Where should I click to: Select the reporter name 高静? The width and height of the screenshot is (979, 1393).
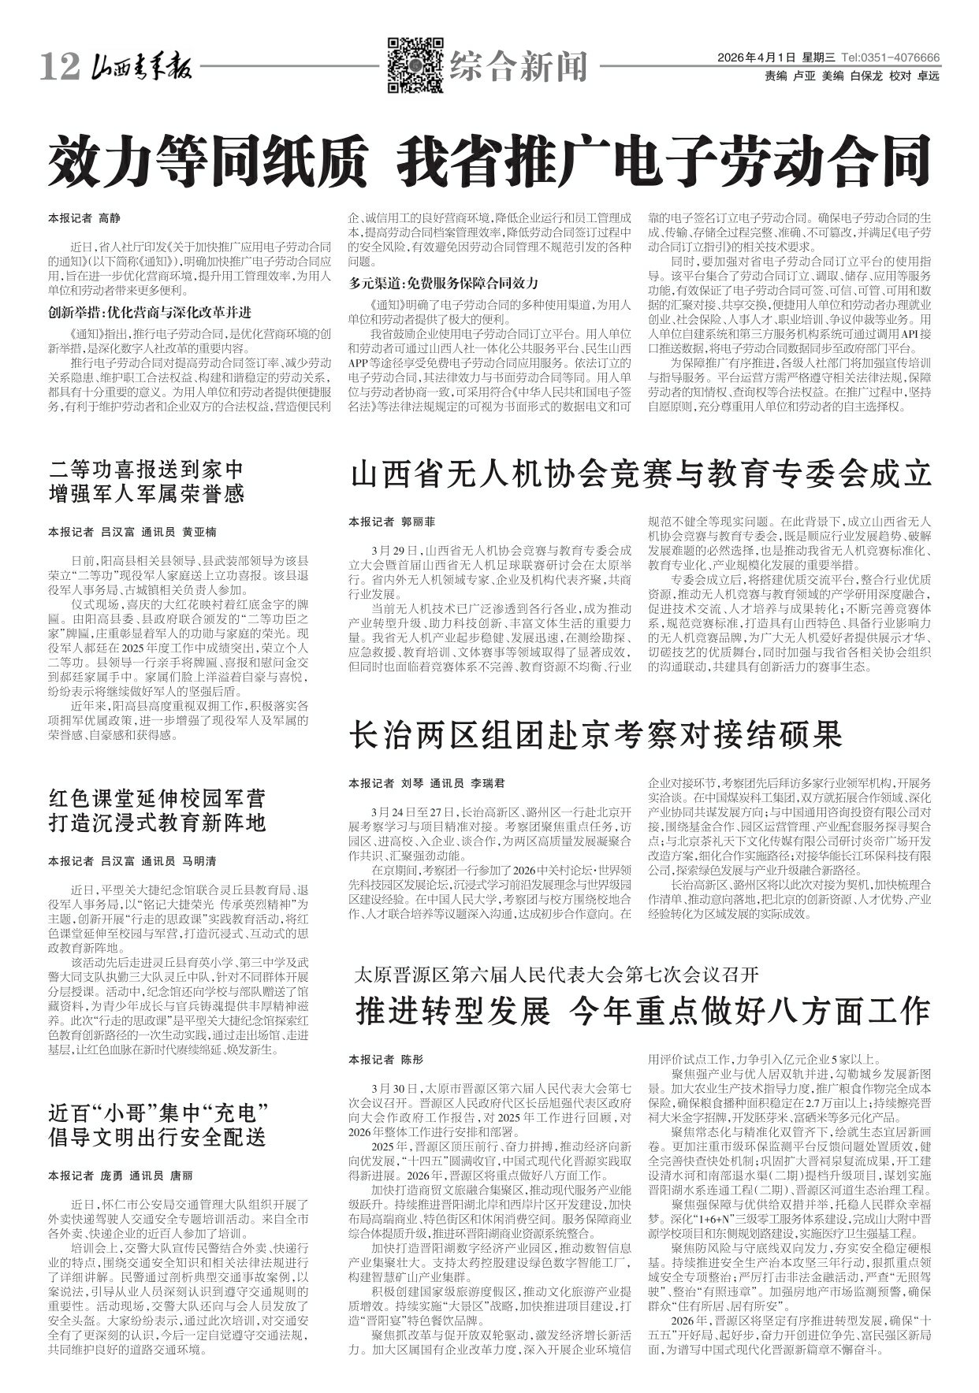[x=109, y=218]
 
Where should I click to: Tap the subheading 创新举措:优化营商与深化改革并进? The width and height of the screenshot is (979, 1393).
[x=150, y=310]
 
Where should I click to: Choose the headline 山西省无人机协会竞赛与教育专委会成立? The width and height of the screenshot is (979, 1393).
[x=641, y=476]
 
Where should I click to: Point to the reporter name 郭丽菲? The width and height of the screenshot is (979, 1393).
[x=419, y=522]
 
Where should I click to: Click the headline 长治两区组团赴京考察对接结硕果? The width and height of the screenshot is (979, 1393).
[x=596, y=737]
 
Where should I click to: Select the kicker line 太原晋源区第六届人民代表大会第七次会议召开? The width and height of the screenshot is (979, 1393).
[x=557, y=975]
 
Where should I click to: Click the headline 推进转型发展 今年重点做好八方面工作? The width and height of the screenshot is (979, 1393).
[x=643, y=1009]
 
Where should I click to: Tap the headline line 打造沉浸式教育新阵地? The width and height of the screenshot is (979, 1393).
[x=158, y=823]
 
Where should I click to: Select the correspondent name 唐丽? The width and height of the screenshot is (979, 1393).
[x=182, y=1176]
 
